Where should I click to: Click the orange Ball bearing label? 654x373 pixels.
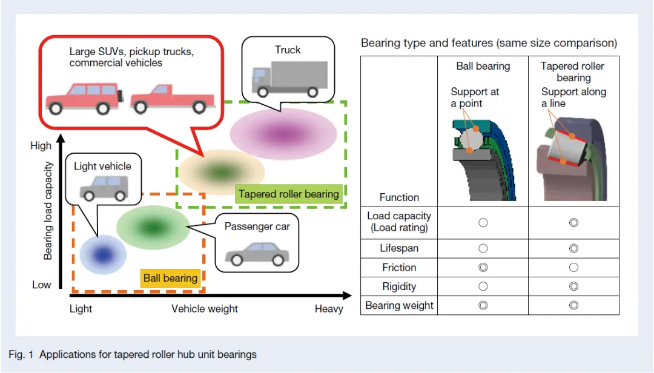(170, 278)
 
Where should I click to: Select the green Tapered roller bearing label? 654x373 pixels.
(288, 194)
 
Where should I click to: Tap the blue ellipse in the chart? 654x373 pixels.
(103, 253)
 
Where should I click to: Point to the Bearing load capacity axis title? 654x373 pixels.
(48, 211)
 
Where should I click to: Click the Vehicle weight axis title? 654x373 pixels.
(205, 309)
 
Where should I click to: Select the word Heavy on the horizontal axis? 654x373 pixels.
(329, 309)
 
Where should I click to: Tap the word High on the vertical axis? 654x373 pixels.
(41, 146)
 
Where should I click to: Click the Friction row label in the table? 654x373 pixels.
(399, 267)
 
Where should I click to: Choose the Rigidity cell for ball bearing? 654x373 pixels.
(483, 286)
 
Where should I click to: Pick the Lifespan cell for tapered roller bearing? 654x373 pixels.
(573, 248)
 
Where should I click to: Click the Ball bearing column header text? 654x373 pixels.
(483, 66)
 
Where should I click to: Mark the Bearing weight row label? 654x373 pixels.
(399, 305)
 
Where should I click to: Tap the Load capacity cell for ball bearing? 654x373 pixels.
(483, 222)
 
